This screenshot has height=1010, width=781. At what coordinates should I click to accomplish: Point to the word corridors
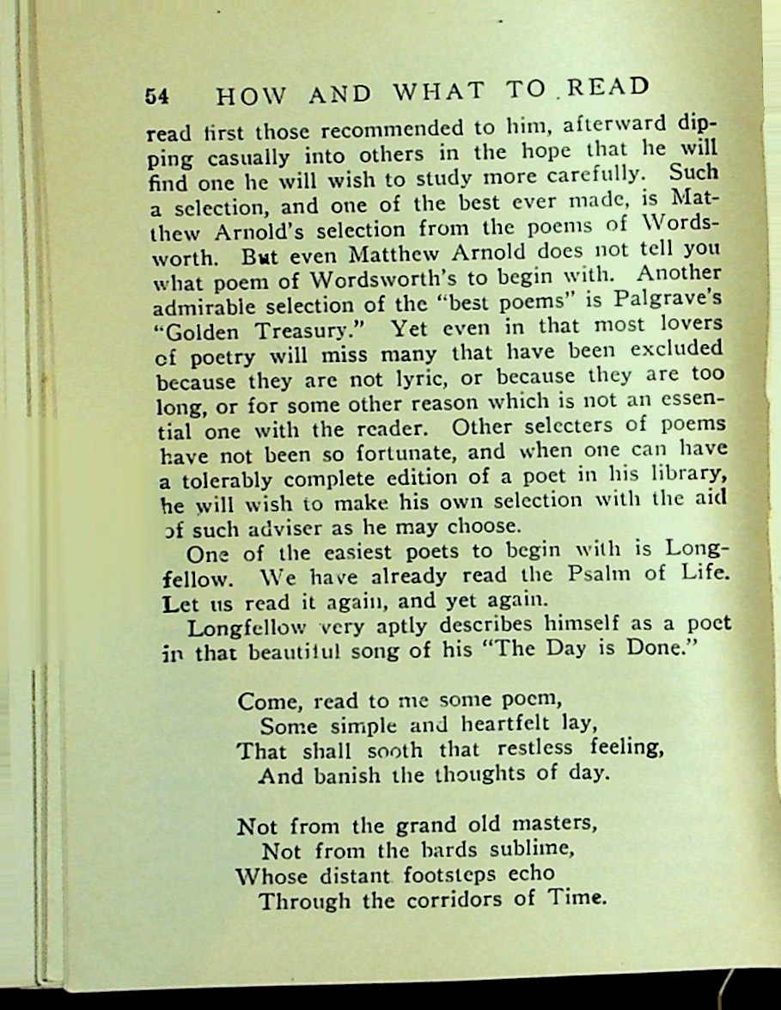[x=462, y=900]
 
